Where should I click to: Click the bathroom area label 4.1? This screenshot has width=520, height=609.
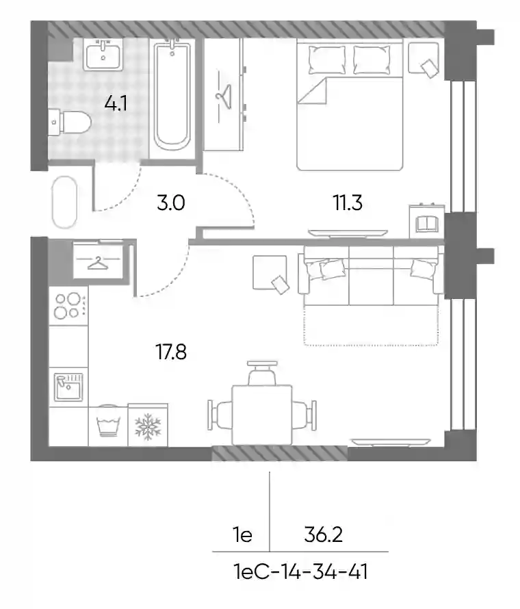point(116,104)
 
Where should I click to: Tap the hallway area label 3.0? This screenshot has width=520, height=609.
point(171,203)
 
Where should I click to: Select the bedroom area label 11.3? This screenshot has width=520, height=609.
point(348,203)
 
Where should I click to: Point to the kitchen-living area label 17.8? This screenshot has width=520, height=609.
point(171,352)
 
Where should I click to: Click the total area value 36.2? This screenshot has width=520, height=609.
point(324,535)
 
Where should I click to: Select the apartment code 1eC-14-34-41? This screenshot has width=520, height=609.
point(300,572)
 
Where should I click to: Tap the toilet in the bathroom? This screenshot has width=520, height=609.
point(70,122)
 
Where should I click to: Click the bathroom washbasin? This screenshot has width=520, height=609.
point(103,54)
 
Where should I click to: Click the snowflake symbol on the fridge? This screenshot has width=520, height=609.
point(148,427)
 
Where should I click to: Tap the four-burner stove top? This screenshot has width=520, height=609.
point(68,306)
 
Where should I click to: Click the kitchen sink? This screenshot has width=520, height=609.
point(68,387)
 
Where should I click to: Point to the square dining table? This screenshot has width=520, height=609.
point(262,415)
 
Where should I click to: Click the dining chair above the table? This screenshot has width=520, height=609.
point(262,373)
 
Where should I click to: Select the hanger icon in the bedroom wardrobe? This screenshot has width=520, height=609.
point(224,96)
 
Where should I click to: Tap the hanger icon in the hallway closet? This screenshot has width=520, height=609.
point(98,263)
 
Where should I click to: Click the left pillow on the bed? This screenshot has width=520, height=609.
point(327,60)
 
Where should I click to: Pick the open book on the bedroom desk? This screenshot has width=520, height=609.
point(427,224)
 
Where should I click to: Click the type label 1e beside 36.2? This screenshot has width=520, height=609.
point(243,535)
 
